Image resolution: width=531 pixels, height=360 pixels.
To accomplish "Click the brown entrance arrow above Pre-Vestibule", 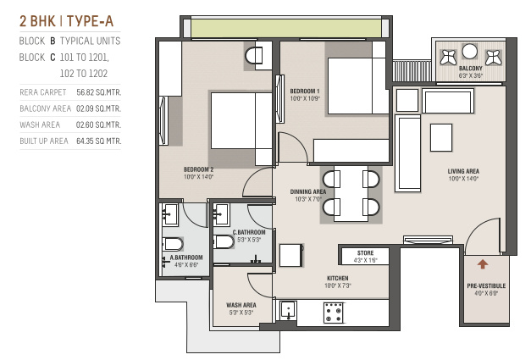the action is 483,263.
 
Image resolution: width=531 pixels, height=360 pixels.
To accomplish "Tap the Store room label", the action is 365,253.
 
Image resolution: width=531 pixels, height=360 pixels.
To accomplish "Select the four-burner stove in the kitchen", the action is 334,313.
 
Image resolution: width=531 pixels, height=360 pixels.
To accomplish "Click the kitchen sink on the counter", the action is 288,310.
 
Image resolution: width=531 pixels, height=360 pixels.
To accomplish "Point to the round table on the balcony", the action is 469,52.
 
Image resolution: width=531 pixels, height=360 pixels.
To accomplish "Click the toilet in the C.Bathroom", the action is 224,241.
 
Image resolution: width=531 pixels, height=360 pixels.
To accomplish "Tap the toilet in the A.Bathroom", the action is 173,244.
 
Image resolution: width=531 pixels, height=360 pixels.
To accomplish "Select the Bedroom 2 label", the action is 198,169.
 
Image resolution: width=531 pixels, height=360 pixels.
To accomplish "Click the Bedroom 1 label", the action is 305,91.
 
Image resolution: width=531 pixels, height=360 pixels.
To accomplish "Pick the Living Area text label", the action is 463,171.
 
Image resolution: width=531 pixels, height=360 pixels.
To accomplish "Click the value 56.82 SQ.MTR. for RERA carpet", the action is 98,92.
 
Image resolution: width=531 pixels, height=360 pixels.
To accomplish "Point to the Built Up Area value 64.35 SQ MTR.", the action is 98,141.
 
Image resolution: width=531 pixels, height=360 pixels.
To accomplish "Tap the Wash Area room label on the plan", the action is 241,305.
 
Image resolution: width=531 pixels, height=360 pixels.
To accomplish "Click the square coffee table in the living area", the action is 441,137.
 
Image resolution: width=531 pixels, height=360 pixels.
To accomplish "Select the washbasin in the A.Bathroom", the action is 170,214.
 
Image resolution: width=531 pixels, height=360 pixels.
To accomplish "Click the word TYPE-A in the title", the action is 90,21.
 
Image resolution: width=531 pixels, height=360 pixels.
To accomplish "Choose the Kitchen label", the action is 338,278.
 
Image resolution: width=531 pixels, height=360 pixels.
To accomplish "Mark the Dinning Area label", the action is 308,191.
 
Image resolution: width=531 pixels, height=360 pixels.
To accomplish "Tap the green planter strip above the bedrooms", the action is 285,28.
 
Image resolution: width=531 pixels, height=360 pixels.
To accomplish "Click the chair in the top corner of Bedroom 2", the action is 254,56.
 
